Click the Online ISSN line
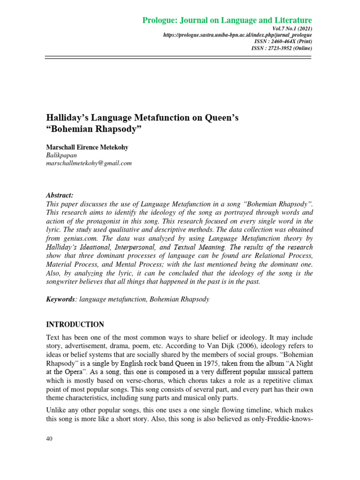coord(282,48)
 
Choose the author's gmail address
coord(88,163)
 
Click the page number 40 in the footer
coord(49,439)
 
